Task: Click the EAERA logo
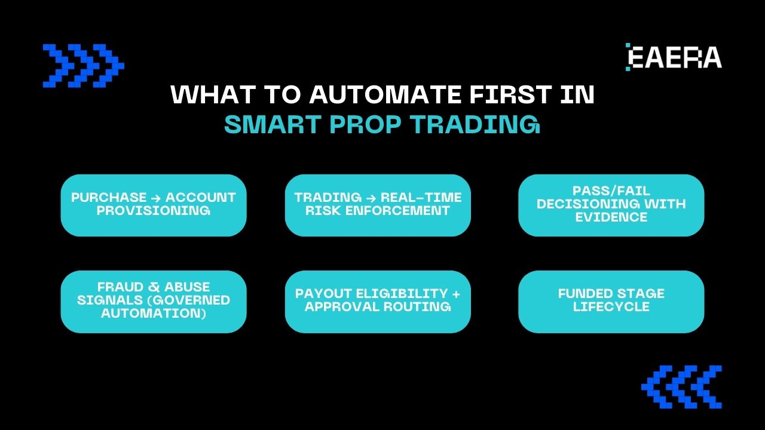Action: point(674,57)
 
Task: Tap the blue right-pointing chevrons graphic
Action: point(83,66)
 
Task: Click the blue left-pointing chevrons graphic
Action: point(681,387)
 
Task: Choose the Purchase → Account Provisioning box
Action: point(154,205)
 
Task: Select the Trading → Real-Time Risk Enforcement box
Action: point(378,205)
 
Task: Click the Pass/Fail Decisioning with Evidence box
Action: point(611,205)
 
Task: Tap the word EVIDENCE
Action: point(611,217)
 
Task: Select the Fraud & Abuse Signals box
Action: point(154,302)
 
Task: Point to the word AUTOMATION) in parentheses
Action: point(154,313)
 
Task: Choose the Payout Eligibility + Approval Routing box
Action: point(378,302)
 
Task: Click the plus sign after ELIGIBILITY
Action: point(457,294)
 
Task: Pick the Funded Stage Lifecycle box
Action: point(611,302)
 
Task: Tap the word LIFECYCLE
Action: point(611,307)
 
